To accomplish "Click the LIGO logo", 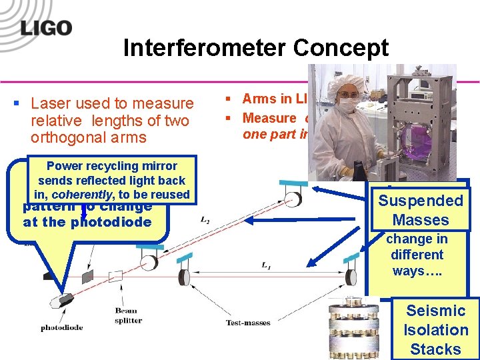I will [46, 27].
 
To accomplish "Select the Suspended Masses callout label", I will [419, 210].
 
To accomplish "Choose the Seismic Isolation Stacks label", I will [435, 329].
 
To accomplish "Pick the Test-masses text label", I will [248, 323].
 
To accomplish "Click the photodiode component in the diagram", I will [67, 301].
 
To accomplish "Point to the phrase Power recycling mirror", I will [112, 166].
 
